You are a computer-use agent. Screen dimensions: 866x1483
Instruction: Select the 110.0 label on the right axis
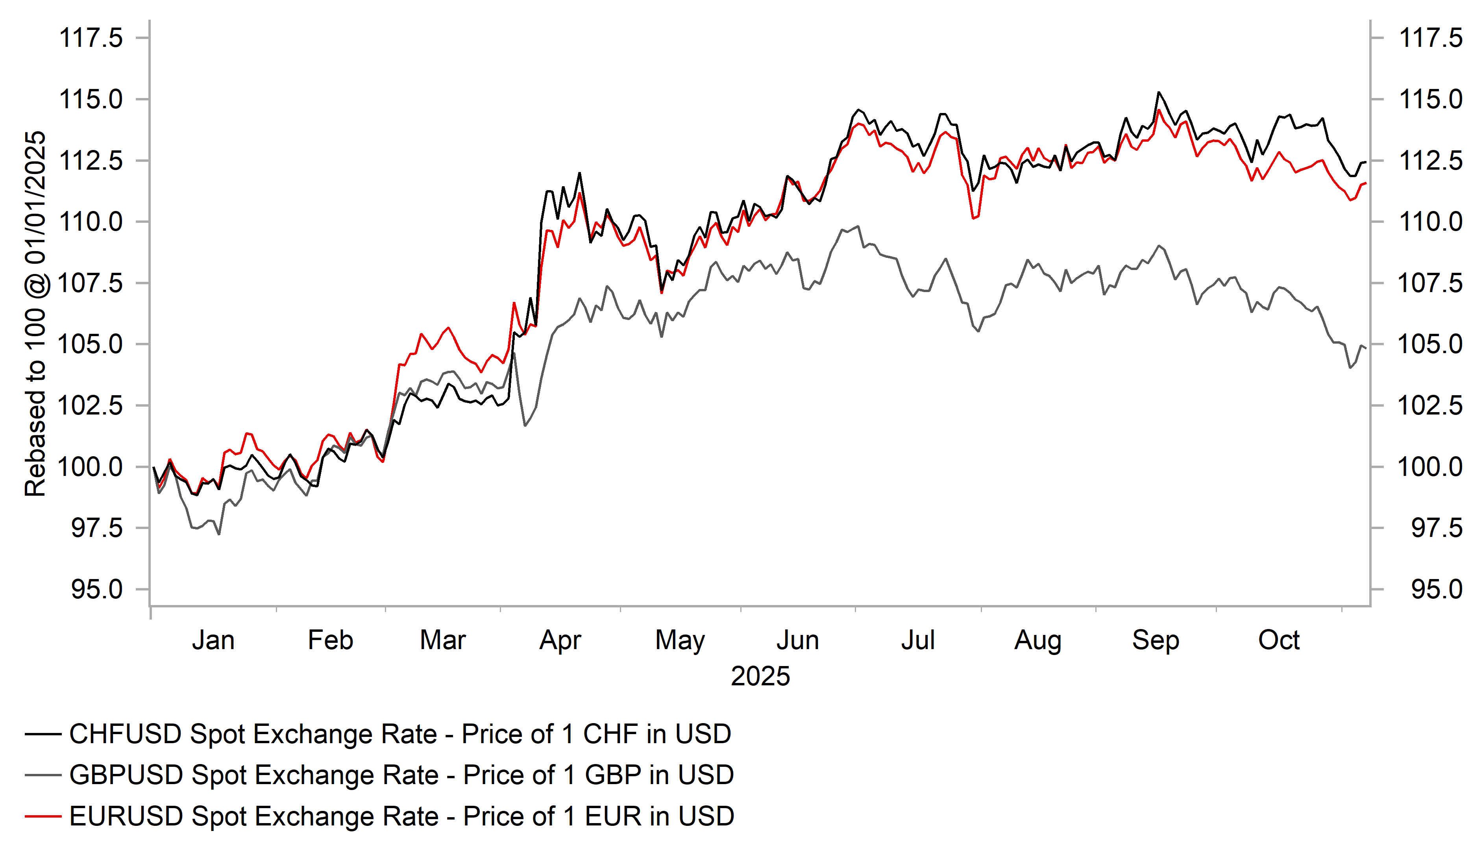[1430, 222]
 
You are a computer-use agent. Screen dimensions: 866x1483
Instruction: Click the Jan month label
[213, 640]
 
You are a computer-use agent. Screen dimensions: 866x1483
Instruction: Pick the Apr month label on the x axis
[560, 640]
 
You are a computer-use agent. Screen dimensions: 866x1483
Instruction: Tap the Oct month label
[1278, 640]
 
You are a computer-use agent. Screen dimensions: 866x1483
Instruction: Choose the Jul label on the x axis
[917, 640]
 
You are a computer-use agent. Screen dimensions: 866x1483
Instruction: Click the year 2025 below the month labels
[760, 676]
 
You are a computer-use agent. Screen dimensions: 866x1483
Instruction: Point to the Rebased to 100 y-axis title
[35, 314]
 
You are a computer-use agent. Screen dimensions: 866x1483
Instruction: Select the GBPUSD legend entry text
[401, 775]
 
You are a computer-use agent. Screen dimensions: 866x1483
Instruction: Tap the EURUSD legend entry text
[401, 816]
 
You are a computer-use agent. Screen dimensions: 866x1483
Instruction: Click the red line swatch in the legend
[43, 816]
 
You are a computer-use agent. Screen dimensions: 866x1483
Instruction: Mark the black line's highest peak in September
[1158, 93]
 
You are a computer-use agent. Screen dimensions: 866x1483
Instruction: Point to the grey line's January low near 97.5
[219, 534]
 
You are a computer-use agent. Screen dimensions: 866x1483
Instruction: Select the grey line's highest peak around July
[858, 226]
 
